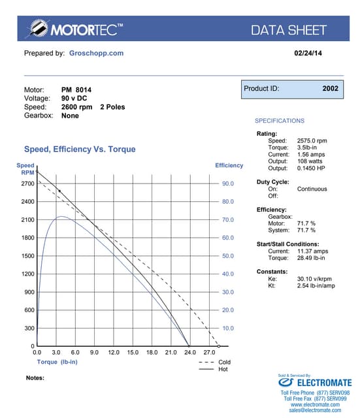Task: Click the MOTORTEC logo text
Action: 81,29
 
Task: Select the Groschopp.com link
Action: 96,53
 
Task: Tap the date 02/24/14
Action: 308,53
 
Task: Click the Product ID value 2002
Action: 331,88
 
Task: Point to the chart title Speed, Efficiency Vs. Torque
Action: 80,149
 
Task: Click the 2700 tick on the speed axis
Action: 27,184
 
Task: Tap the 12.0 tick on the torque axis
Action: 113,352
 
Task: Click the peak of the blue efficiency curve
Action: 60,217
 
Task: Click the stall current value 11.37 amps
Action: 312,250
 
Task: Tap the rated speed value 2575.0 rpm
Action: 312,140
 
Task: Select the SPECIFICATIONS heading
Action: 279,121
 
